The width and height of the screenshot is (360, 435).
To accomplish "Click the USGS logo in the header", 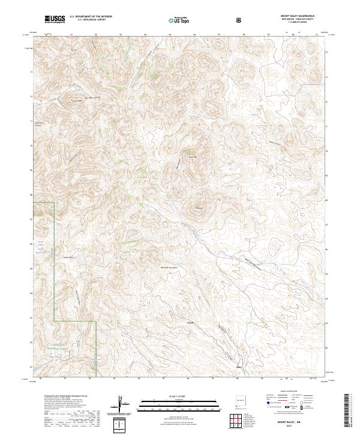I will (x=55, y=19).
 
